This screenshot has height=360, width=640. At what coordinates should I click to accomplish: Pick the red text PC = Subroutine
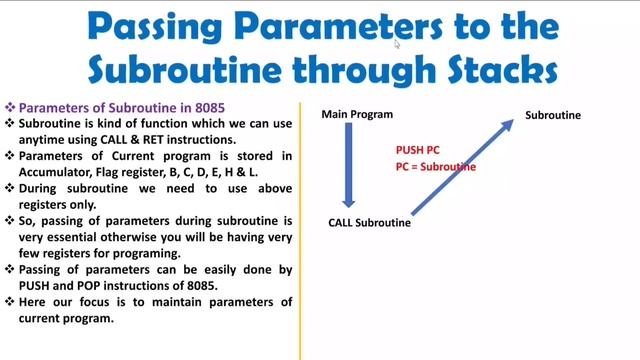(436, 167)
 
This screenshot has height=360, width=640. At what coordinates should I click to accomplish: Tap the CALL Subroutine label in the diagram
(369, 222)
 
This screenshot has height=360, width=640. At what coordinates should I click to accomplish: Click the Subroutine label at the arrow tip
(553, 115)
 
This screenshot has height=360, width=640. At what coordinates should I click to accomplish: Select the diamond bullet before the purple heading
(10, 107)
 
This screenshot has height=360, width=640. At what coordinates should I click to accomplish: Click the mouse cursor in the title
(397, 43)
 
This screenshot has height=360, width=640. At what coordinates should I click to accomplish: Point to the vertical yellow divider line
(300, 230)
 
